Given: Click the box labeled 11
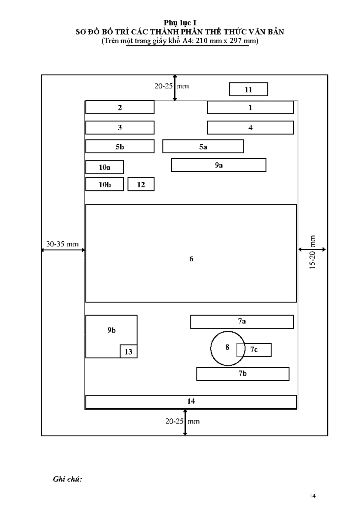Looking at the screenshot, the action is [248, 89].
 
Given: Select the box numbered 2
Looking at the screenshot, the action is [120, 107].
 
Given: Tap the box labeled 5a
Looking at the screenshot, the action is [203, 146].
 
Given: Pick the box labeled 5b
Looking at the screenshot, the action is [120, 146].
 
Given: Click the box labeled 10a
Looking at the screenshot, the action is [104, 167].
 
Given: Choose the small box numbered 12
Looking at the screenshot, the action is [141, 184].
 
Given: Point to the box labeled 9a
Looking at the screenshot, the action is [218, 165].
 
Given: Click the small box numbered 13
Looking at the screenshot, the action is [128, 351].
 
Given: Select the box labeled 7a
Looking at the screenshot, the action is [242, 322].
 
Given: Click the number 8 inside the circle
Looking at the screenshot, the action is [227, 347].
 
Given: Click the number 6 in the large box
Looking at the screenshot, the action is [191, 259].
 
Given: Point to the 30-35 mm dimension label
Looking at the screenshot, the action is [62, 244].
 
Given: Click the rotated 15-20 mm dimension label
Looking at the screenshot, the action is [312, 252].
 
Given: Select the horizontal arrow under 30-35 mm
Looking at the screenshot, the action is [63, 250].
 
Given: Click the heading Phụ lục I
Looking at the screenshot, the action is [180, 23].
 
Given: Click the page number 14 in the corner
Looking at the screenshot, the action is [313, 495].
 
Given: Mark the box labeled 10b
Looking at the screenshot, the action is [104, 184].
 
